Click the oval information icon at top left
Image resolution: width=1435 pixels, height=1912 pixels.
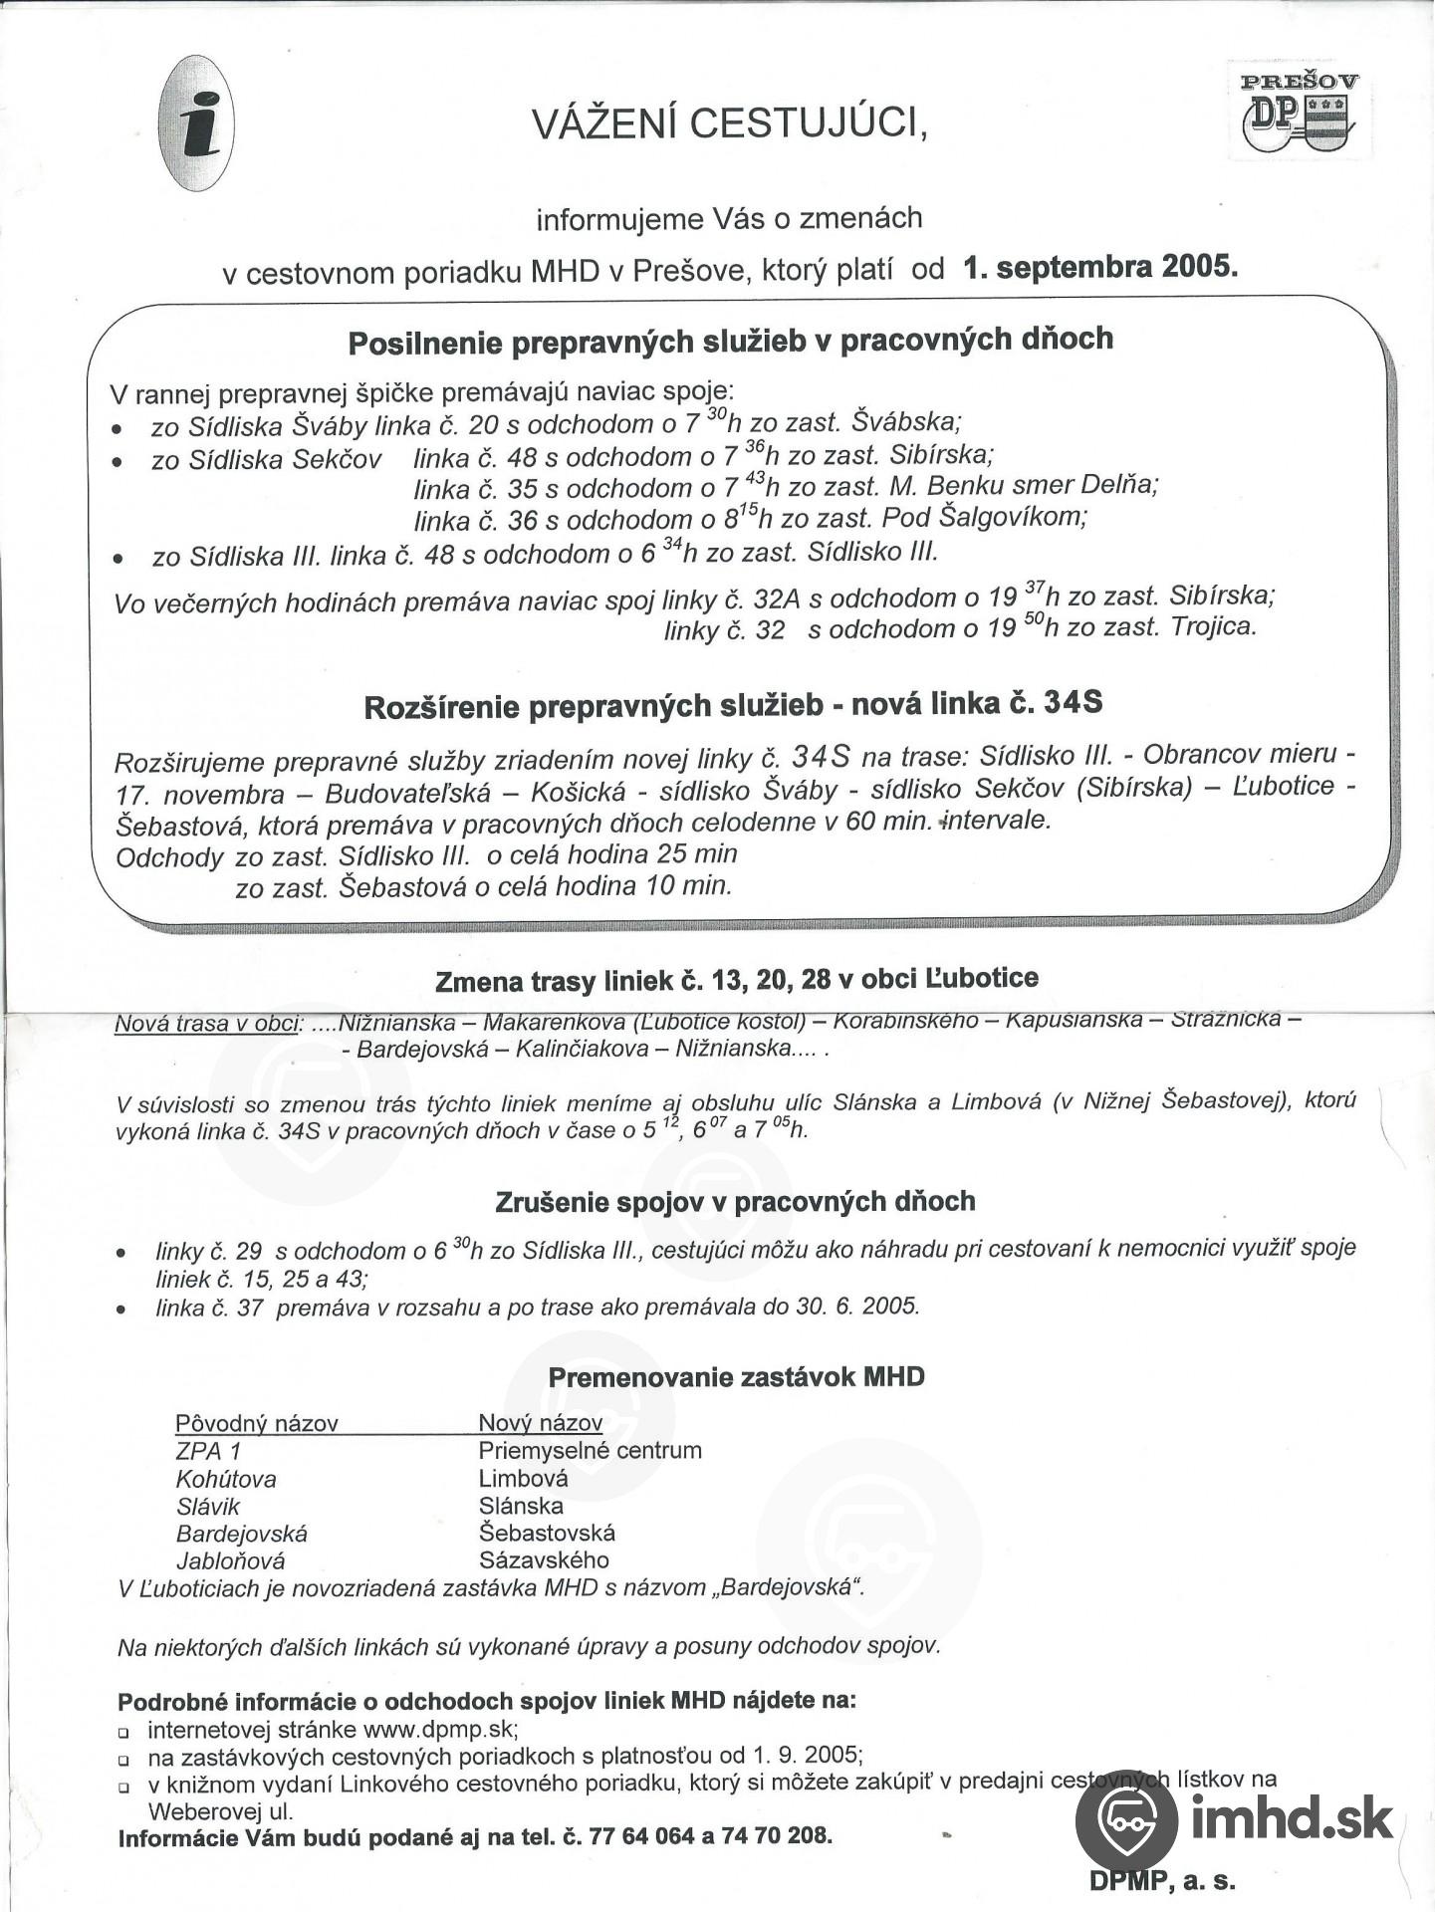pyautogui.click(x=196, y=122)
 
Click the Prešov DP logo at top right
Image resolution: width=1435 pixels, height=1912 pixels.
pyautogui.click(x=1300, y=111)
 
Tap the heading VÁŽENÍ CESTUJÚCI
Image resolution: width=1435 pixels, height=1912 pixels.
pyautogui.click(x=729, y=123)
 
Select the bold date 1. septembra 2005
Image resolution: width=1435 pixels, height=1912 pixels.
pyautogui.click(x=1100, y=267)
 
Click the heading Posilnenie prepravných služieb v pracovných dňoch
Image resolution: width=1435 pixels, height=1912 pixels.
pyautogui.click(x=730, y=341)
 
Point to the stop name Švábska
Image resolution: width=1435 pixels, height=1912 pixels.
pyautogui.click(x=905, y=421)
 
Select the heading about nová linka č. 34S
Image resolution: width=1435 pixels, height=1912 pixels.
pyautogui.click(x=733, y=705)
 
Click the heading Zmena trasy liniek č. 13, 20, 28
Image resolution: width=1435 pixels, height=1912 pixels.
pyautogui.click(x=737, y=980)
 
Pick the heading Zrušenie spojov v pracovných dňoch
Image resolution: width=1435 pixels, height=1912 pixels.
pyautogui.click(x=735, y=1202)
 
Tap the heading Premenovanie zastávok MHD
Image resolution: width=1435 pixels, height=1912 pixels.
pyautogui.click(x=736, y=1377)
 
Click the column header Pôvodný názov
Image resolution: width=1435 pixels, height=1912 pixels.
pyautogui.click(x=257, y=1423)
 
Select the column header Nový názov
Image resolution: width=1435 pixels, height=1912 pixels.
pyautogui.click(x=541, y=1423)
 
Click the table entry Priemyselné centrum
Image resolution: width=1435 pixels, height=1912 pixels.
pyautogui.click(x=591, y=1450)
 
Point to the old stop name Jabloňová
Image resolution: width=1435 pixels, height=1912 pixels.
pyautogui.click(x=231, y=1560)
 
